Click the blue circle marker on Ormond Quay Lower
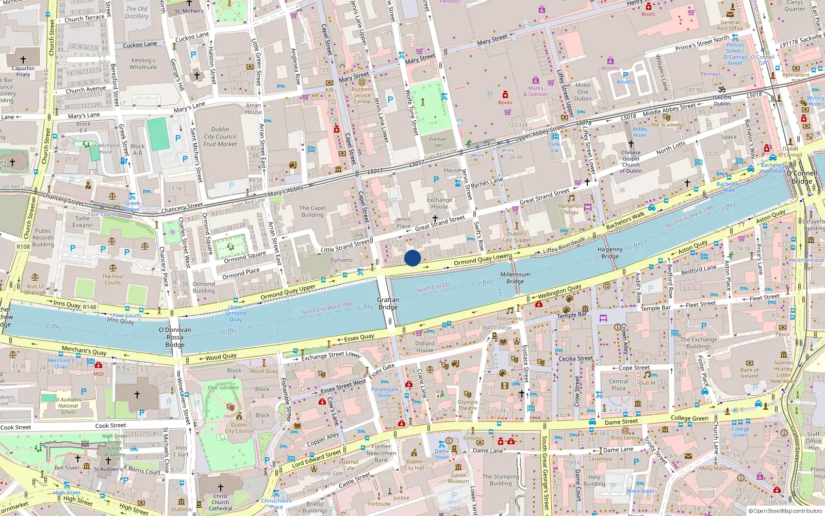point(412,258)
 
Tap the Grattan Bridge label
point(388,303)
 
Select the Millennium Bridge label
point(515,278)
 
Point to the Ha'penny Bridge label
point(610,253)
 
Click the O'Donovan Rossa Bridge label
point(175,337)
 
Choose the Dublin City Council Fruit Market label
point(220,137)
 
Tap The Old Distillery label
point(137,12)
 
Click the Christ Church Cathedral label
point(220,502)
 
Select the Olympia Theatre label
point(467,405)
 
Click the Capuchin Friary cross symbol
point(23,60)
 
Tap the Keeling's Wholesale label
point(143,64)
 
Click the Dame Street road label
point(621,422)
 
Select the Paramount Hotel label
point(385,393)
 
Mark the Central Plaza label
point(618,385)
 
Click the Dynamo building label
point(341,260)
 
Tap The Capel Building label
point(312,212)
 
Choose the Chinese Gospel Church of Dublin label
point(631,162)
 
